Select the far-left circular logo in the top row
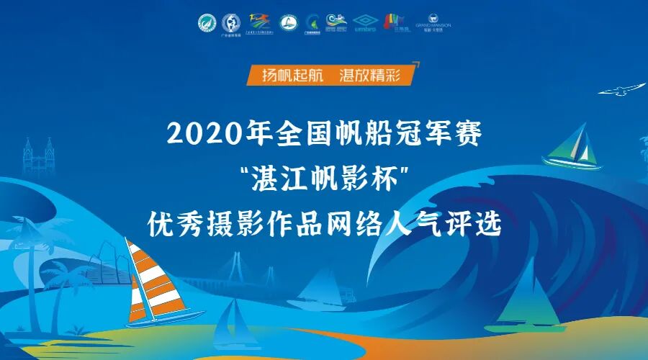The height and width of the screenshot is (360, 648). (207, 24)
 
